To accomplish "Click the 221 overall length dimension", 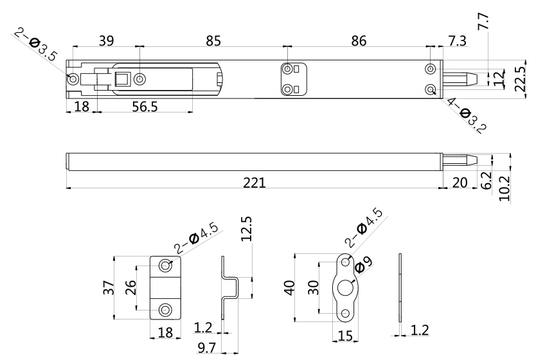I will [x=257, y=183].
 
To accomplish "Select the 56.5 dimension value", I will [x=145, y=107].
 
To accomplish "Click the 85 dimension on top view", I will [x=213, y=40].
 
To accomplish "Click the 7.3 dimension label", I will [x=457, y=40].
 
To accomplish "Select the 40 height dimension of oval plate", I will [x=290, y=287].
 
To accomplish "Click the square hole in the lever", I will [x=121, y=80].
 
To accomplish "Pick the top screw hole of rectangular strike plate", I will [x=166, y=265].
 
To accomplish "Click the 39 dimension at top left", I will [x=107, y=40].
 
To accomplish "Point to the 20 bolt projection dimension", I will [x=459, y=183].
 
